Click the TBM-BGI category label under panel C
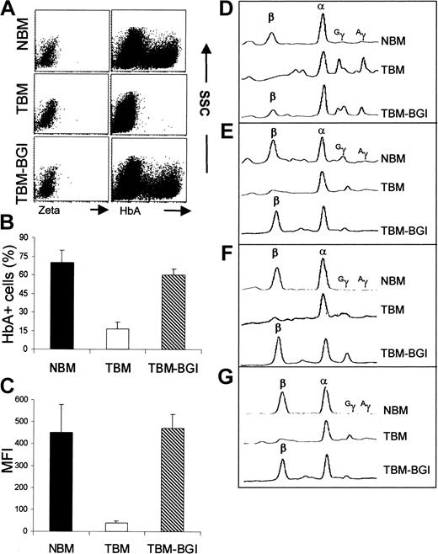click(x=205, y=543)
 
